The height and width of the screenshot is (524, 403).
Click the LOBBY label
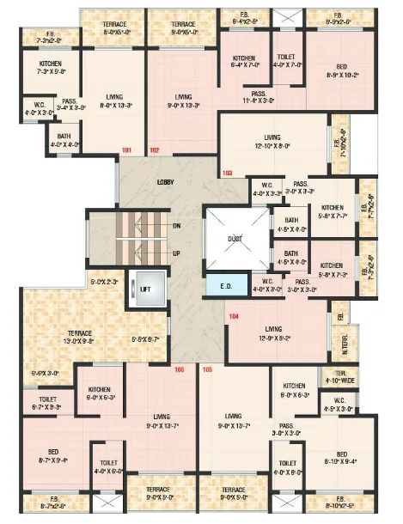click(x=166, y=183)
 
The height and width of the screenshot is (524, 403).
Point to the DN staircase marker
click(x=177, y=226)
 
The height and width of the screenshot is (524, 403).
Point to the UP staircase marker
click(x=177, y=254)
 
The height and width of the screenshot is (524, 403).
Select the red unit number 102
click(x=155, y=152)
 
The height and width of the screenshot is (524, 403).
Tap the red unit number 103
click(x=228, y=174)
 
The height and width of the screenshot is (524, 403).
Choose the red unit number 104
click(x=234, y=316)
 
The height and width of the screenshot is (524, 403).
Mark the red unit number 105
click(x=207, y=370)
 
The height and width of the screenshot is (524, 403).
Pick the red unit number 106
click(x=180, y=370)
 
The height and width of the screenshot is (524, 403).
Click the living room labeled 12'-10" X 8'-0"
click(x=273, y=142)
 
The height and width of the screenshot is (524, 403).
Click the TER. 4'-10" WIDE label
click(x=335, y=377)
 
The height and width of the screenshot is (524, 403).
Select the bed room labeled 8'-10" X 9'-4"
click(x=342, y=460)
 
